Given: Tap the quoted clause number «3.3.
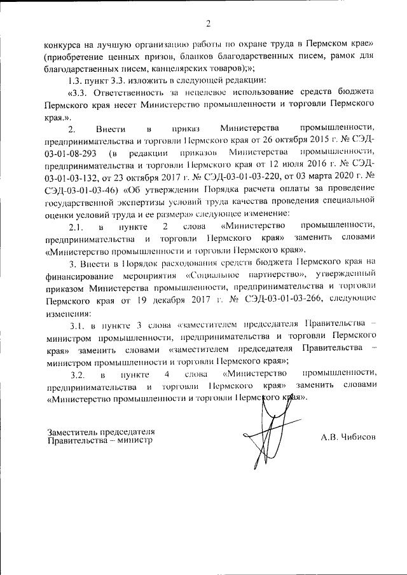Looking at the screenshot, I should coord(79,93).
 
